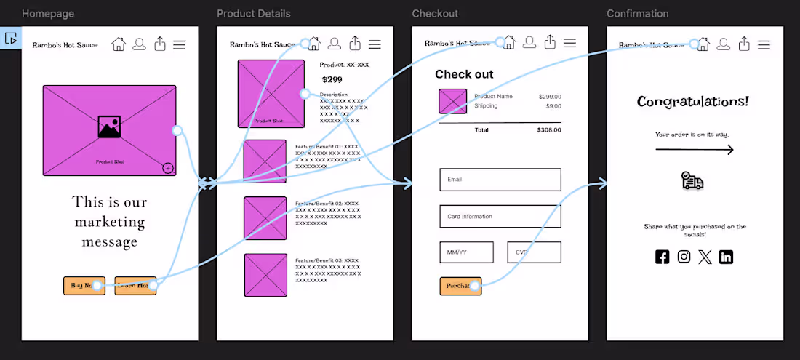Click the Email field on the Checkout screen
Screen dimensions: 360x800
pyautogui.click(x=500, y=180)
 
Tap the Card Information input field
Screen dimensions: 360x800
pyautogui.click(x=500, y=216)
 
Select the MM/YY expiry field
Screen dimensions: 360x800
pyautogui.click(x=466, y=252)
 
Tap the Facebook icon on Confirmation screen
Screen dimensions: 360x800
pyautogui.click(x=662, y=256)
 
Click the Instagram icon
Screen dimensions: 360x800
pyautogui.click(x=684, y=256)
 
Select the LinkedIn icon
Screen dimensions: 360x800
pyautogui.click(x=726, y=256)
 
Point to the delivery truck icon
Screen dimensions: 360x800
pyautogui.click(x=692, y=180)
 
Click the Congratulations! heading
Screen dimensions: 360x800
pyautogui.click(x=692, y=101)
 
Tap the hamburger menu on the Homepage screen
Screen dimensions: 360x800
pyautogui.click(x=179, y=44)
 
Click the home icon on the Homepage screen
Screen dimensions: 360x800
pyautogui.click(x=119, y=44)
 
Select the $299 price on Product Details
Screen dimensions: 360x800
pyautogui.click(x=332, y=79)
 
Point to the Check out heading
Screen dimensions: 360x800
pyautogui.click(x=464, y=74)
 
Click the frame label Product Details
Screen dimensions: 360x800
pyautogui.click(x=253, y=14)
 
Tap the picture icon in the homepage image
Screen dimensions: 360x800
pyautogui.click(x=109, y=127)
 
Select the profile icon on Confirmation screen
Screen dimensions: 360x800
pyautogui.click(x=723, y=44)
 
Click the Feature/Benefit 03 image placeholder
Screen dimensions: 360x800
pyautogui.click(x=265, y=275)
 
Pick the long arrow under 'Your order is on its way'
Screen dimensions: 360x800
pyautogui.click(x=695, y=150)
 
